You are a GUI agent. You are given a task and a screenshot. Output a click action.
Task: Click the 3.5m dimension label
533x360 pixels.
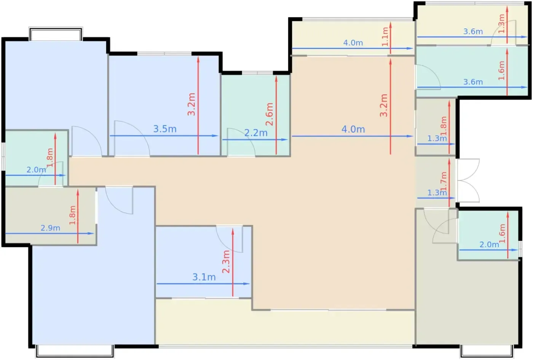click(x=165, y=129)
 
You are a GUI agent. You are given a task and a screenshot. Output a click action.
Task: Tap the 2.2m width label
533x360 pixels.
click(x=256, y=133)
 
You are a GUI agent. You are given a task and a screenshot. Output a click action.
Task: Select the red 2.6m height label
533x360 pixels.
click(x=270, y=115)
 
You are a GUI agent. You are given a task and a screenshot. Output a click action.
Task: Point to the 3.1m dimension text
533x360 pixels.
click(x=204, y=277)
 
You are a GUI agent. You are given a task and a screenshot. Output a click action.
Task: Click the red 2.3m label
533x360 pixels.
click(x=226, y=262)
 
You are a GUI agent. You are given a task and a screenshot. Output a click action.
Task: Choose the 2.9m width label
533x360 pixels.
click(x=50, y=228)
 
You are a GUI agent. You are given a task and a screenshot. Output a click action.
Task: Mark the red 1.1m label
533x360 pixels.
click(x=385, y=37)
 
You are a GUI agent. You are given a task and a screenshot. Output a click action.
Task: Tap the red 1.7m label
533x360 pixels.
click(x=444, y=181)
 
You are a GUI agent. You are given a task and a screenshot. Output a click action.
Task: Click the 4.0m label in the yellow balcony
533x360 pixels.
click(x=353, y=43)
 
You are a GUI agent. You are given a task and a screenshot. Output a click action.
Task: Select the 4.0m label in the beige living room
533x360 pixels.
click(x=353, y=129)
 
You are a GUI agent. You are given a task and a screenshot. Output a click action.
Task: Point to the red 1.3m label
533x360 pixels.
click(x=501, y=24)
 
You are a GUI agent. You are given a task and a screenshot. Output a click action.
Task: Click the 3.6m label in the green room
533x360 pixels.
click(x=473, y=82)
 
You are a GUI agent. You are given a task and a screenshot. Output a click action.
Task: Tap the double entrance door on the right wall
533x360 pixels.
click(x=468, y=180)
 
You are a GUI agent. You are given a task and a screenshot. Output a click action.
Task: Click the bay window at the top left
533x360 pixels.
click(x=56, y=34)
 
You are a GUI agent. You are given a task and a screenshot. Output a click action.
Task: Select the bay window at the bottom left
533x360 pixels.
click(x=75, y=351)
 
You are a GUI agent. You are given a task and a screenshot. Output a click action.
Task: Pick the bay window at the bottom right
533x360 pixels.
click(x=487, y=351)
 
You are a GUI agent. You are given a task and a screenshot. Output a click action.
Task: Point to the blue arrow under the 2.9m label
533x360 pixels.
click(x=50, y=234)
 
